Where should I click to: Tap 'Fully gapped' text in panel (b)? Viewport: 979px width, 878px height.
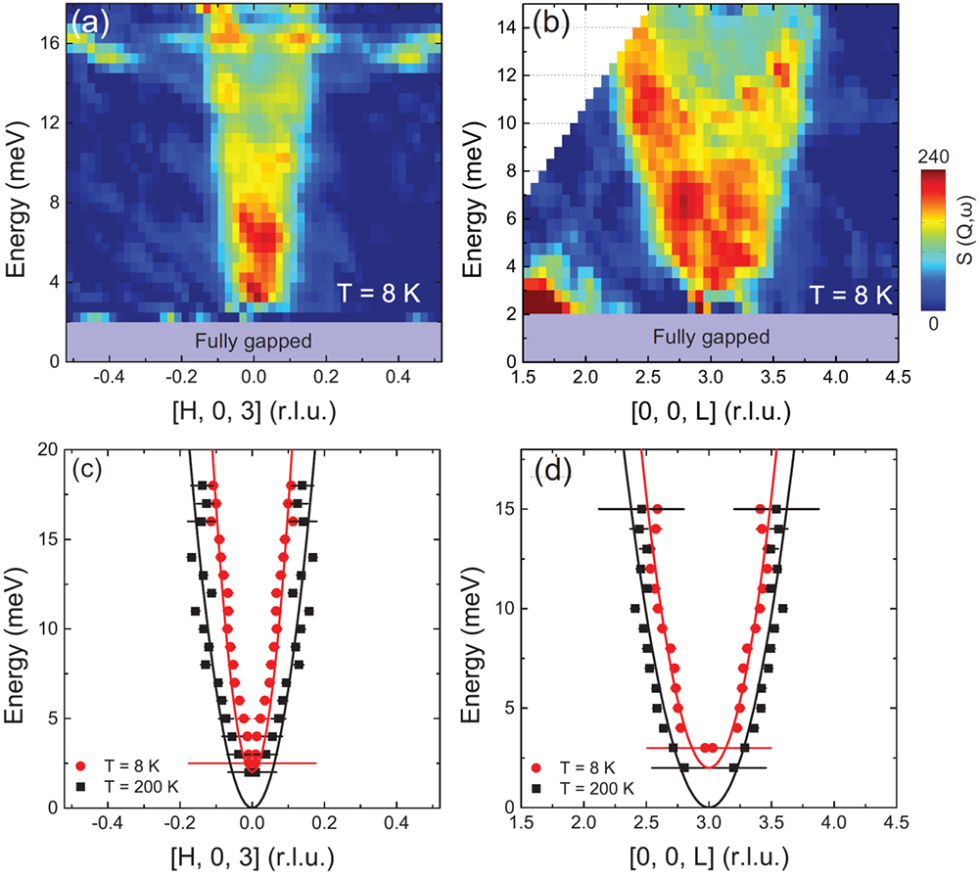(710, 338)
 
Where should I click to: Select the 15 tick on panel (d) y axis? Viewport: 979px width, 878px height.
(508, 509)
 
